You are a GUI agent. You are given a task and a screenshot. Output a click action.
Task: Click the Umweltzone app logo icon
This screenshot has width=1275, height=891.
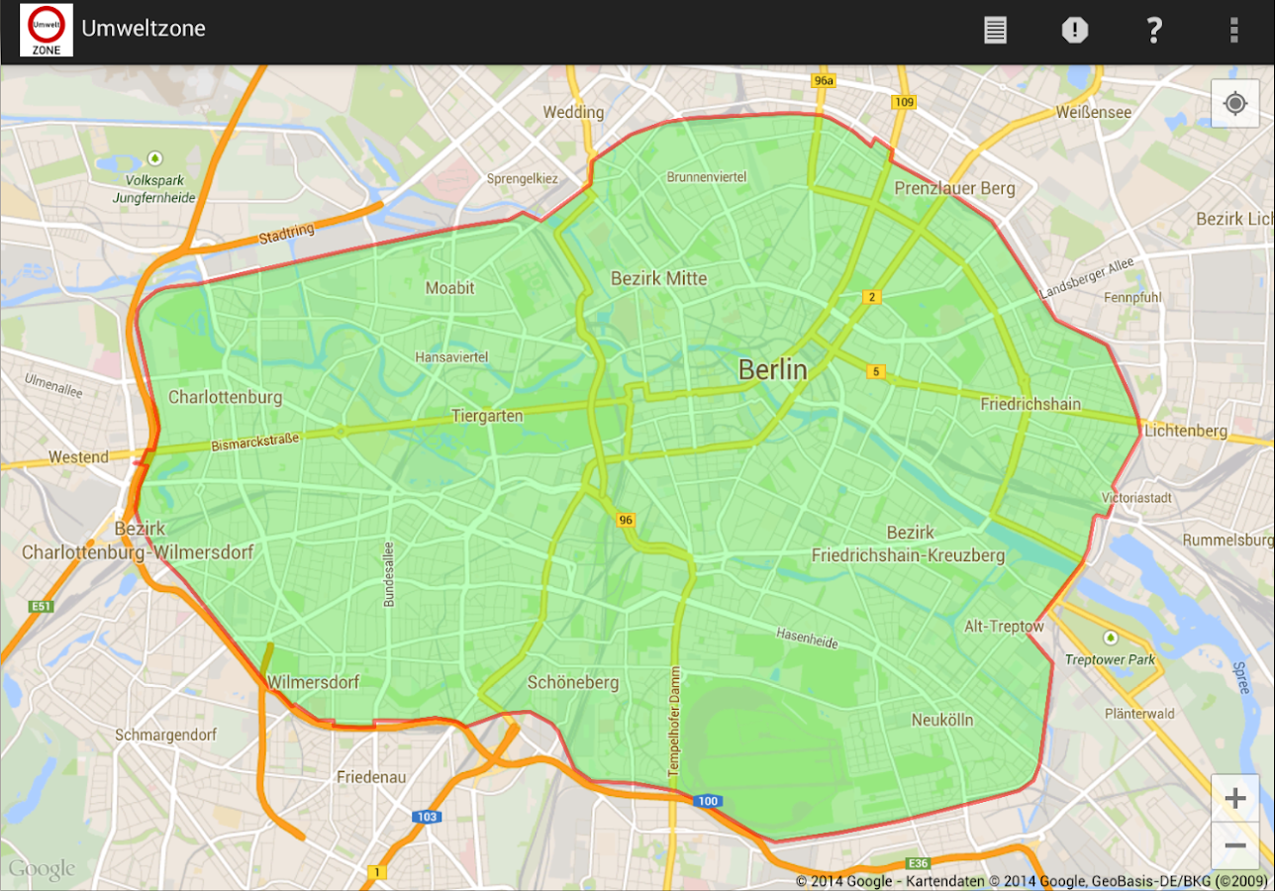46,30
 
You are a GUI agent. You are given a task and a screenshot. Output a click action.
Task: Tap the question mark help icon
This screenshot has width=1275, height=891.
1153,30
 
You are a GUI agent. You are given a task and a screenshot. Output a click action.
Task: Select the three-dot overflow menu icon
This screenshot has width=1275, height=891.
1233,30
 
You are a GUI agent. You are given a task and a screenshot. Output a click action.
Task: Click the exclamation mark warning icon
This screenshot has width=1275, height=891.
1074,30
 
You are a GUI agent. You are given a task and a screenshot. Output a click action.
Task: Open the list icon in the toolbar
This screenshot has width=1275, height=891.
995,30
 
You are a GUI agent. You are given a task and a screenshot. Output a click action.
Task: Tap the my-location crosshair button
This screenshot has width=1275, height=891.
1234,104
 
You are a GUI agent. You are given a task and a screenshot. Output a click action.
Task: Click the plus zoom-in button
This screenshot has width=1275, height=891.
1234,798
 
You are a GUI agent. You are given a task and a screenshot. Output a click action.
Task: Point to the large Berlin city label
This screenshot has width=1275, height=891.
773,370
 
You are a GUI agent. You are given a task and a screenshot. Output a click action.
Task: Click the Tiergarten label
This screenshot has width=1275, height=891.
487,417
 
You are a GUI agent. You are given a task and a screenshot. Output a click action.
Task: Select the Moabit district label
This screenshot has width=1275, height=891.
449,288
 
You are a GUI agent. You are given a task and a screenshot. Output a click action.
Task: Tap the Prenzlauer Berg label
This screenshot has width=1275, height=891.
954,188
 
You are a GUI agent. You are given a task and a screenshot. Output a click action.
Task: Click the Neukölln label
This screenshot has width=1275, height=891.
942,720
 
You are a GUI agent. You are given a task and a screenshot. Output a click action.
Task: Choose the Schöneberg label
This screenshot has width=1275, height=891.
573,682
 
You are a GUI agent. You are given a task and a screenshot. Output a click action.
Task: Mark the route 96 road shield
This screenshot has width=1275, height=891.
625,520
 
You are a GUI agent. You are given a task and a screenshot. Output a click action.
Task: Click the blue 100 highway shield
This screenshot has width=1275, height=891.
707,801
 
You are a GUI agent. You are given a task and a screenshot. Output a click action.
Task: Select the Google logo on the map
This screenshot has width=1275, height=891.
42,869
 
